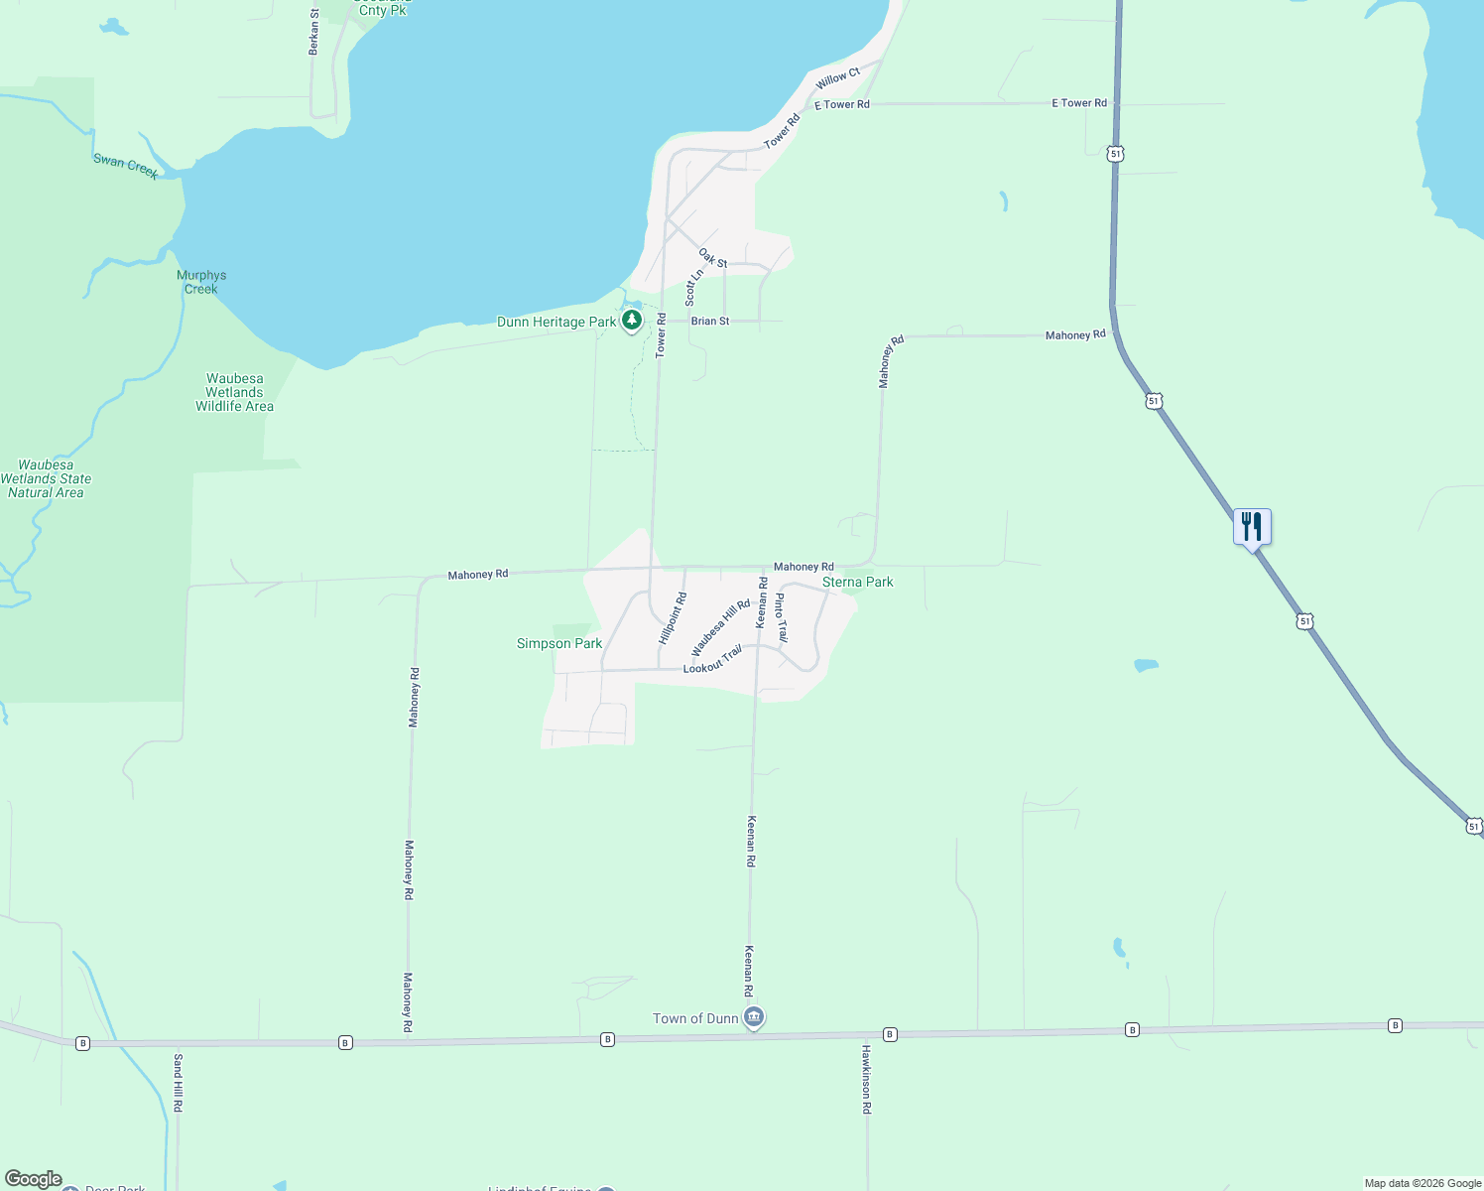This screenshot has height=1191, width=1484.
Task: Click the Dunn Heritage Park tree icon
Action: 632,320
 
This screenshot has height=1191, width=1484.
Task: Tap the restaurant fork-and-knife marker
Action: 1252,526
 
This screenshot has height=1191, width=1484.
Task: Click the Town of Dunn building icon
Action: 754,1017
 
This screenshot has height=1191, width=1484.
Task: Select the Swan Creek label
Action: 126,166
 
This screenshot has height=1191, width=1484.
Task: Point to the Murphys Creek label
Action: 201,282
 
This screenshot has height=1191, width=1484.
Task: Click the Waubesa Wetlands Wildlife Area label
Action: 234,392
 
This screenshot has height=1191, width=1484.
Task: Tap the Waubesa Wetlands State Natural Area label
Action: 46,478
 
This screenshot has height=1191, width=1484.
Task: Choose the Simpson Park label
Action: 559,643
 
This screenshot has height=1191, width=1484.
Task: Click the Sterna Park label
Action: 858,582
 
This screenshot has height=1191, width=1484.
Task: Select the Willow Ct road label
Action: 838,78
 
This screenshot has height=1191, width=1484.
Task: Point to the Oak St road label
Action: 713,258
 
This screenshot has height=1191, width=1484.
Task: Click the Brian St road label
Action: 710,321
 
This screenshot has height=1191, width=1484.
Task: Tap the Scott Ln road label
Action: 694,286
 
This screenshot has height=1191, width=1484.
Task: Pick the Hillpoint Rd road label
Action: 673,617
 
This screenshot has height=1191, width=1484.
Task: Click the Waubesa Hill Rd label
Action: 721,627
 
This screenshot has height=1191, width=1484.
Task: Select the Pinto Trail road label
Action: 781,617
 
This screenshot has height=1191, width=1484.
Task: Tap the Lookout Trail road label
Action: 712,660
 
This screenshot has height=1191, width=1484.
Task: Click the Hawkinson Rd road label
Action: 866,1079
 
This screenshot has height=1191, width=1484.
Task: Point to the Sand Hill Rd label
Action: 179,1083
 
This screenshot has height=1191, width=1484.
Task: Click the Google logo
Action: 34,1179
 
